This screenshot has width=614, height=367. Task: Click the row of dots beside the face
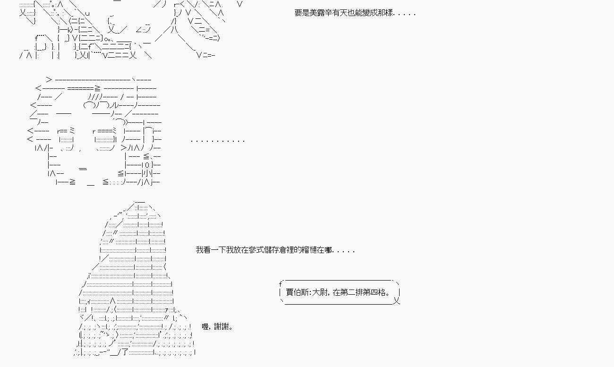(x=218, y=140)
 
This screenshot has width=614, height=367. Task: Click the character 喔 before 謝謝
(x=205, y=326)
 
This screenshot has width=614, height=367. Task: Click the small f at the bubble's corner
(x=280, y=284)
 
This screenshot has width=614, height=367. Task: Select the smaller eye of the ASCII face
(x=66, y=139)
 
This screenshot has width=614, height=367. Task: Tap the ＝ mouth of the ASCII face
(x=83, y=169)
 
